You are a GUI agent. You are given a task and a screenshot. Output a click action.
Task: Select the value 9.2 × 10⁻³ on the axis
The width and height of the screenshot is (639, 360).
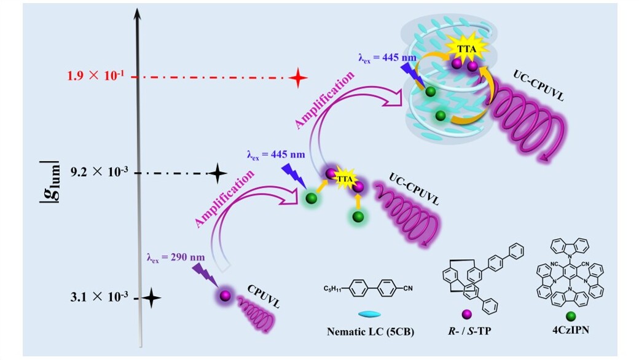[97, 173]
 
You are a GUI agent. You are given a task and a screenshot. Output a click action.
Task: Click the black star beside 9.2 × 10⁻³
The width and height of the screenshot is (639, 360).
[217, 174]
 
